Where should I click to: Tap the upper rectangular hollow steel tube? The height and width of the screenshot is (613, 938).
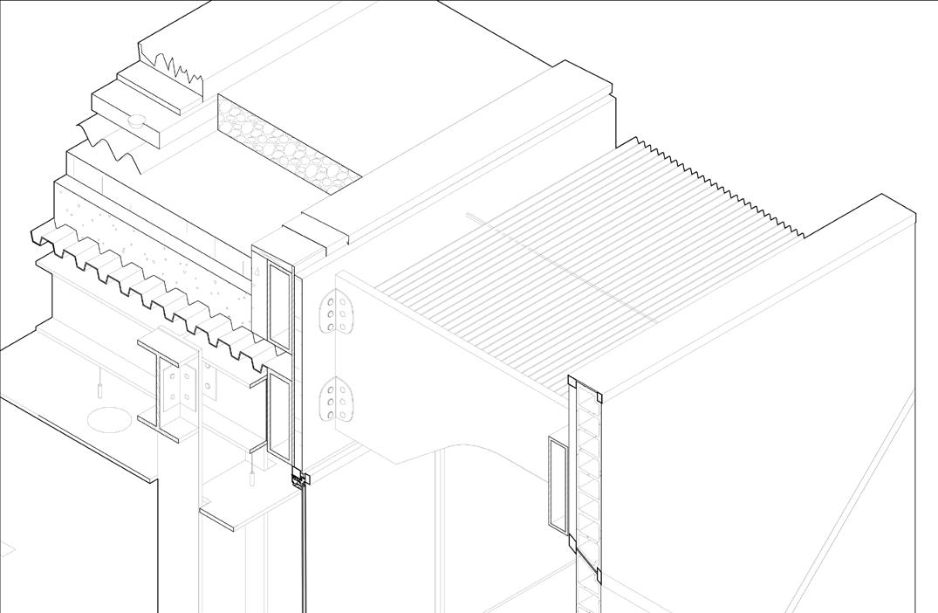coord(280,302)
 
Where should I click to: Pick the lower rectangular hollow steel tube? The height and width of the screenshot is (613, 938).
coord(279,416)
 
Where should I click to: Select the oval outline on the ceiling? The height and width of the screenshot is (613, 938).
coord(109,420)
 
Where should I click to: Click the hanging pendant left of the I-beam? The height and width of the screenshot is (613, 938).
coord(99,383)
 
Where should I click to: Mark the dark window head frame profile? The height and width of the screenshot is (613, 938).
coord(300,479)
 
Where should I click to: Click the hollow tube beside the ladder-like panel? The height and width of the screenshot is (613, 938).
coord(557,483)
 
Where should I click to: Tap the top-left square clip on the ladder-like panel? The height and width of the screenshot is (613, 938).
coord(573,382)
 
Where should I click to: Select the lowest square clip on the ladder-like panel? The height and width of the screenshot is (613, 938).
coord(599,575)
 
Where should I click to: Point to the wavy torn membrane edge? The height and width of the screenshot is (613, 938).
coord(109,144)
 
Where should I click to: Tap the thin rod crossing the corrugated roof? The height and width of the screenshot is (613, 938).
coord(558,263)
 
